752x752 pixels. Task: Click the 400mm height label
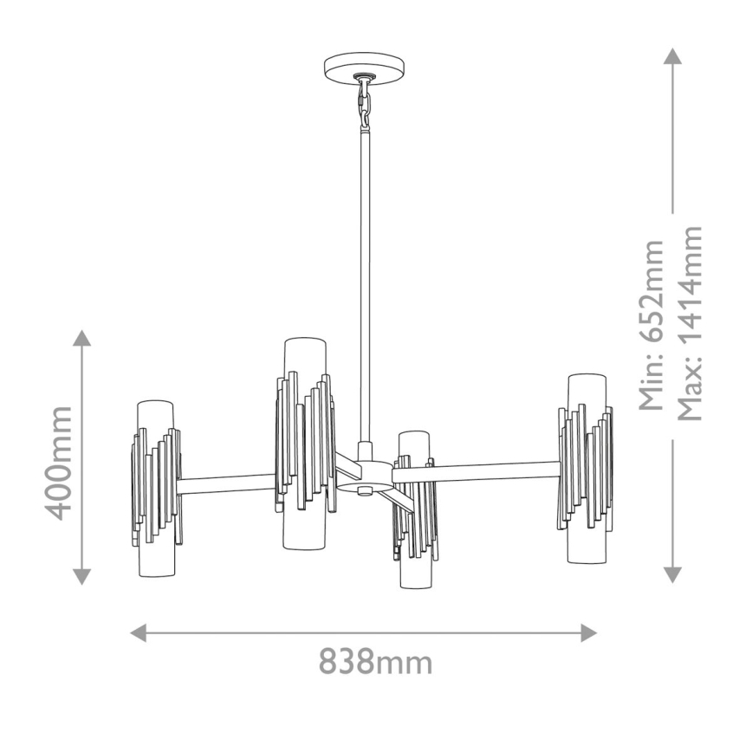[x=58, y=463]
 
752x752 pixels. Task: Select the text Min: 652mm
[x=652, y=324]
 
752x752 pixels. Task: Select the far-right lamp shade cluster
[x=587, y=468]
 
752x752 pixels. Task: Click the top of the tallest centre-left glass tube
[x=304, y=341]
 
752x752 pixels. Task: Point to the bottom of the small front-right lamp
[x=413, y=584]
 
